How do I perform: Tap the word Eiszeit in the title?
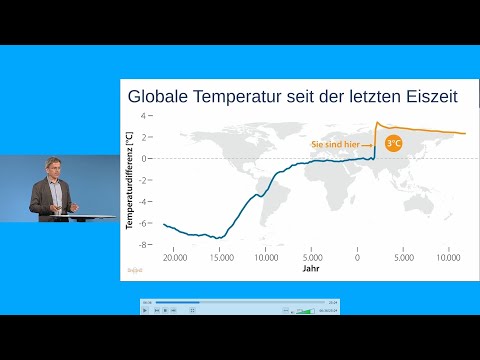point(428,98)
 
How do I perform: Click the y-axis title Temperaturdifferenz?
point(131,180)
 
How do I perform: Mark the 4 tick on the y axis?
point(146,115)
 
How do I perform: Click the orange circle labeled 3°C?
point(394,144)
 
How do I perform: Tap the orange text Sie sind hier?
point(341,144)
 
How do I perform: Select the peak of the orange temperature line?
point(376,123)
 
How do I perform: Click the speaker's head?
point(53,165)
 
